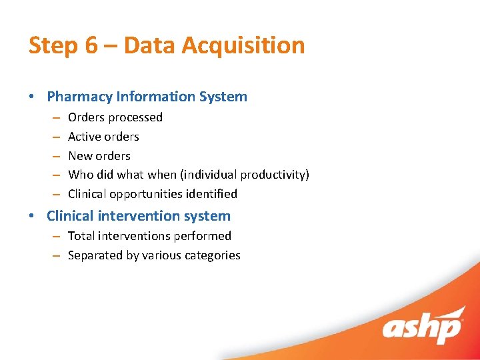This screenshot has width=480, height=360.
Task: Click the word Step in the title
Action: click(x=51, y=46)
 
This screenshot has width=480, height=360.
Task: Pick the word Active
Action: click(x=85, y=137)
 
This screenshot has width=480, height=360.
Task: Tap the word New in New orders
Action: click(x=80, y=156)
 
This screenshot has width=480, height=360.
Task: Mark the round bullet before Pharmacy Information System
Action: click(x=32, y=97)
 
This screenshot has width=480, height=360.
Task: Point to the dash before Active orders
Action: click(x=53, y=137)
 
